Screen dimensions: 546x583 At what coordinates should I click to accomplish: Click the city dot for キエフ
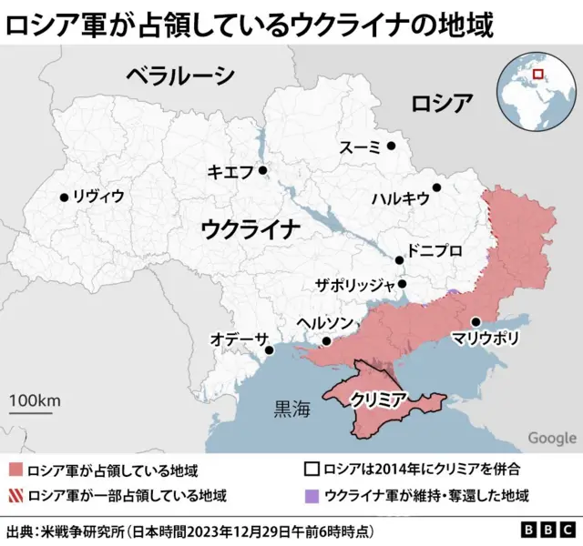click(262, 169)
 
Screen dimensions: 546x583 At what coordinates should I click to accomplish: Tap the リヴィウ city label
click(97, 197)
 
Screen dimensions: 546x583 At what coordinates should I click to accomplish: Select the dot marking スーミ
click(391, 145)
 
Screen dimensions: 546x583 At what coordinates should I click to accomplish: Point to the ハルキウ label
click(400, 197)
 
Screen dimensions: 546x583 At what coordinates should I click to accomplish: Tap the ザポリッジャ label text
click(354, 284)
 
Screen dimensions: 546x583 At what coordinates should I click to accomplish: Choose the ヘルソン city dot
click(326, 341)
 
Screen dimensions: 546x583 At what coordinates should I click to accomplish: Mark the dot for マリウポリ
click(476, 321)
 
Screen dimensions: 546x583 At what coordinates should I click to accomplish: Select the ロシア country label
click(441, 101)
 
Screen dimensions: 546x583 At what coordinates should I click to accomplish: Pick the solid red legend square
click(15, 470)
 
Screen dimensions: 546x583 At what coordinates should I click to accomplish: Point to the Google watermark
click(551, 438)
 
